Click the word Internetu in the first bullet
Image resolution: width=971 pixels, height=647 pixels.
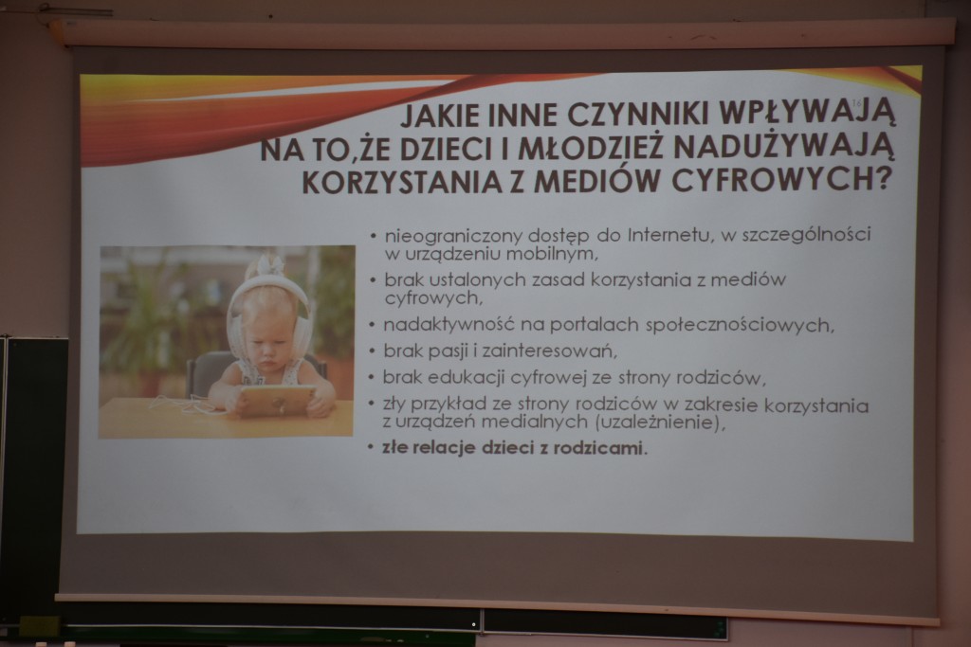pyautogui.click(x=669, y=236)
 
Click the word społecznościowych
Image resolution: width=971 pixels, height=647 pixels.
pyautogui.click(x=740, y=325)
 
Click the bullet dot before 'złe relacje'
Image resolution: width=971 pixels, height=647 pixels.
pyautogui.click(x=371, y=447)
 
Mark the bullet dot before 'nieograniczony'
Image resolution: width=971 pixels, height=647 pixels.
pyautogui.click(x=373, y=236)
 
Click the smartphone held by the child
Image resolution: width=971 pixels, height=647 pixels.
pyautogui.click(x=276, y=400)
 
